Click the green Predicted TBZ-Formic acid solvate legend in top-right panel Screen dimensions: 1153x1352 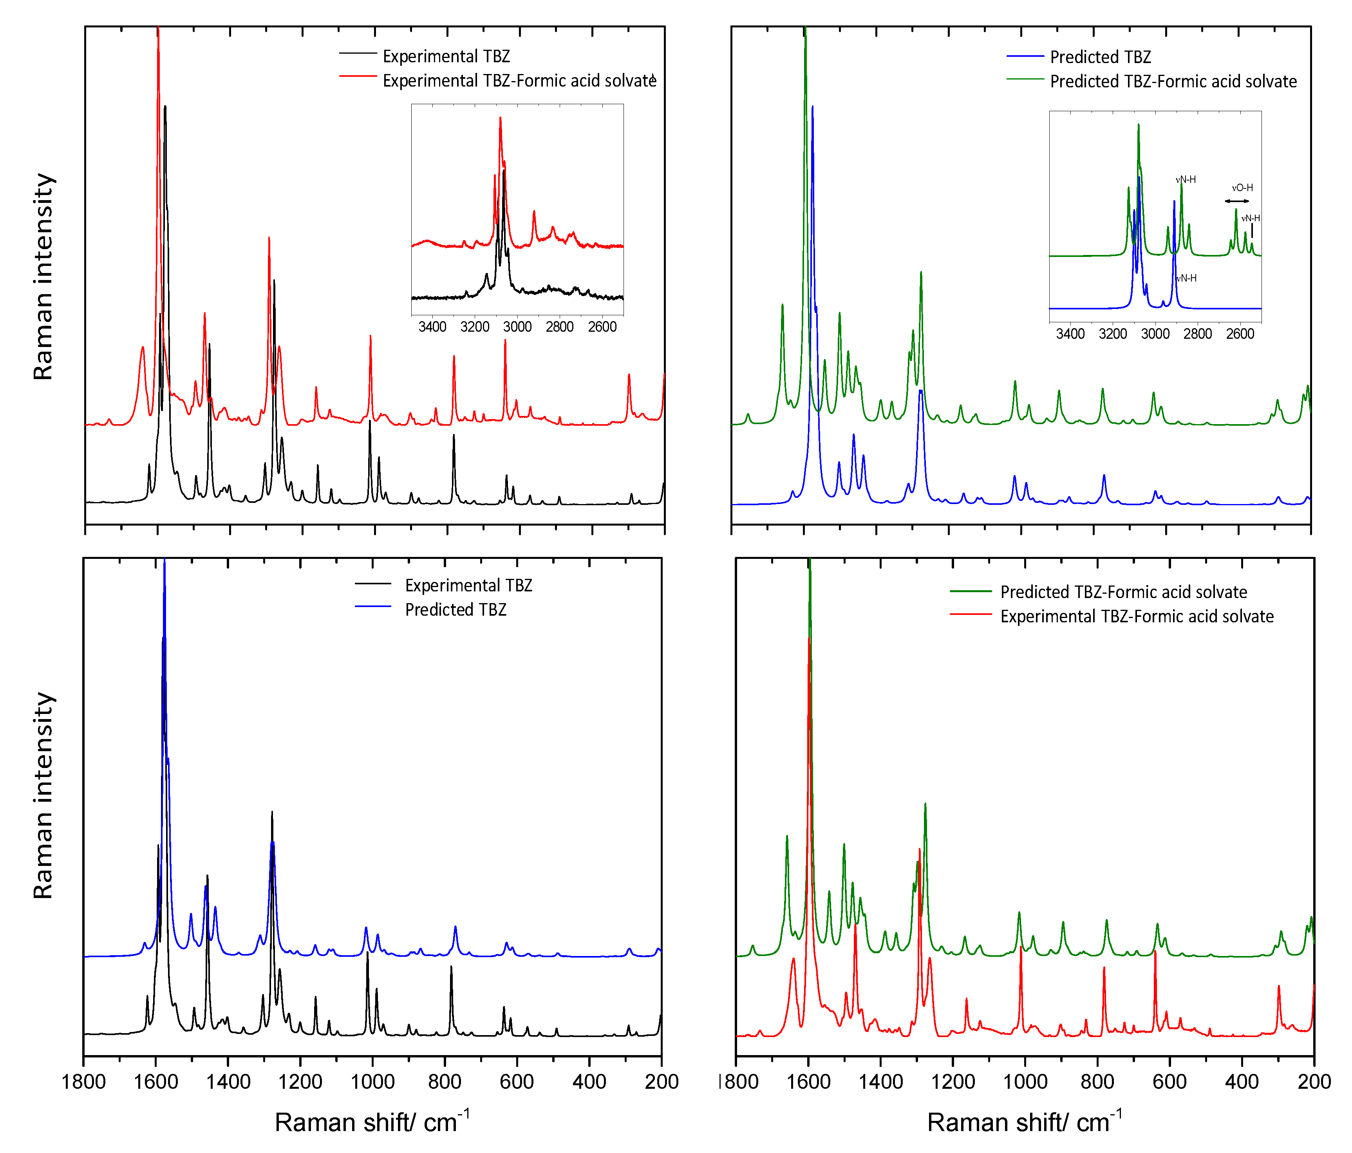click(1173, 81)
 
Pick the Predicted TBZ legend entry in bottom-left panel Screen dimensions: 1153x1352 click(455, 609)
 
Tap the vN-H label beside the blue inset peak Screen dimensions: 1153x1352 click(1186, 278)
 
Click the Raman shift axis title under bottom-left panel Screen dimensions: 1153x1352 click(372, 1122)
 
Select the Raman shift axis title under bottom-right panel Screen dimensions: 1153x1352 click(1025, 1122)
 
